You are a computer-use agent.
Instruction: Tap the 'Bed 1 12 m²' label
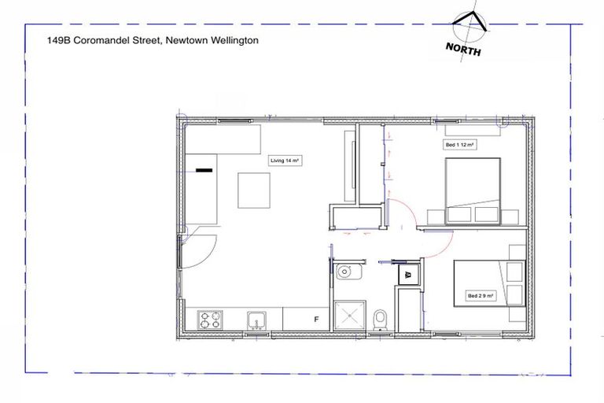(462, 146)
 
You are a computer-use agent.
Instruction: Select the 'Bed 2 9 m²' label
(480, 296)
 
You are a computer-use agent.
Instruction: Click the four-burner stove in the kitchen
(210, 320)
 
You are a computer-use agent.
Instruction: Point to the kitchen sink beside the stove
(256, 320)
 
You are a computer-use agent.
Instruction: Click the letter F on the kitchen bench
(316, 320)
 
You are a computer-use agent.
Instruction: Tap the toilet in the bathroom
(381, 319)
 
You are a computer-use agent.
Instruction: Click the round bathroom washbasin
(345, 273)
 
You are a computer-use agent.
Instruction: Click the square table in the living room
(254, 190)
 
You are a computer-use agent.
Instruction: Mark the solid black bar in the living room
(204, 168)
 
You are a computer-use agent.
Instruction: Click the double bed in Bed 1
(473, 189)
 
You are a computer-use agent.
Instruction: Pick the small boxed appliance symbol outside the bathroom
(409, 275)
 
